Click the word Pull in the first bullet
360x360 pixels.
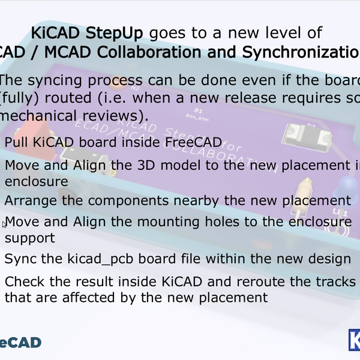point(16,142)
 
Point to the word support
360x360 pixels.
point(29,238)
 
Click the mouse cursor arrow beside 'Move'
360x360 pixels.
point(5,224)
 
